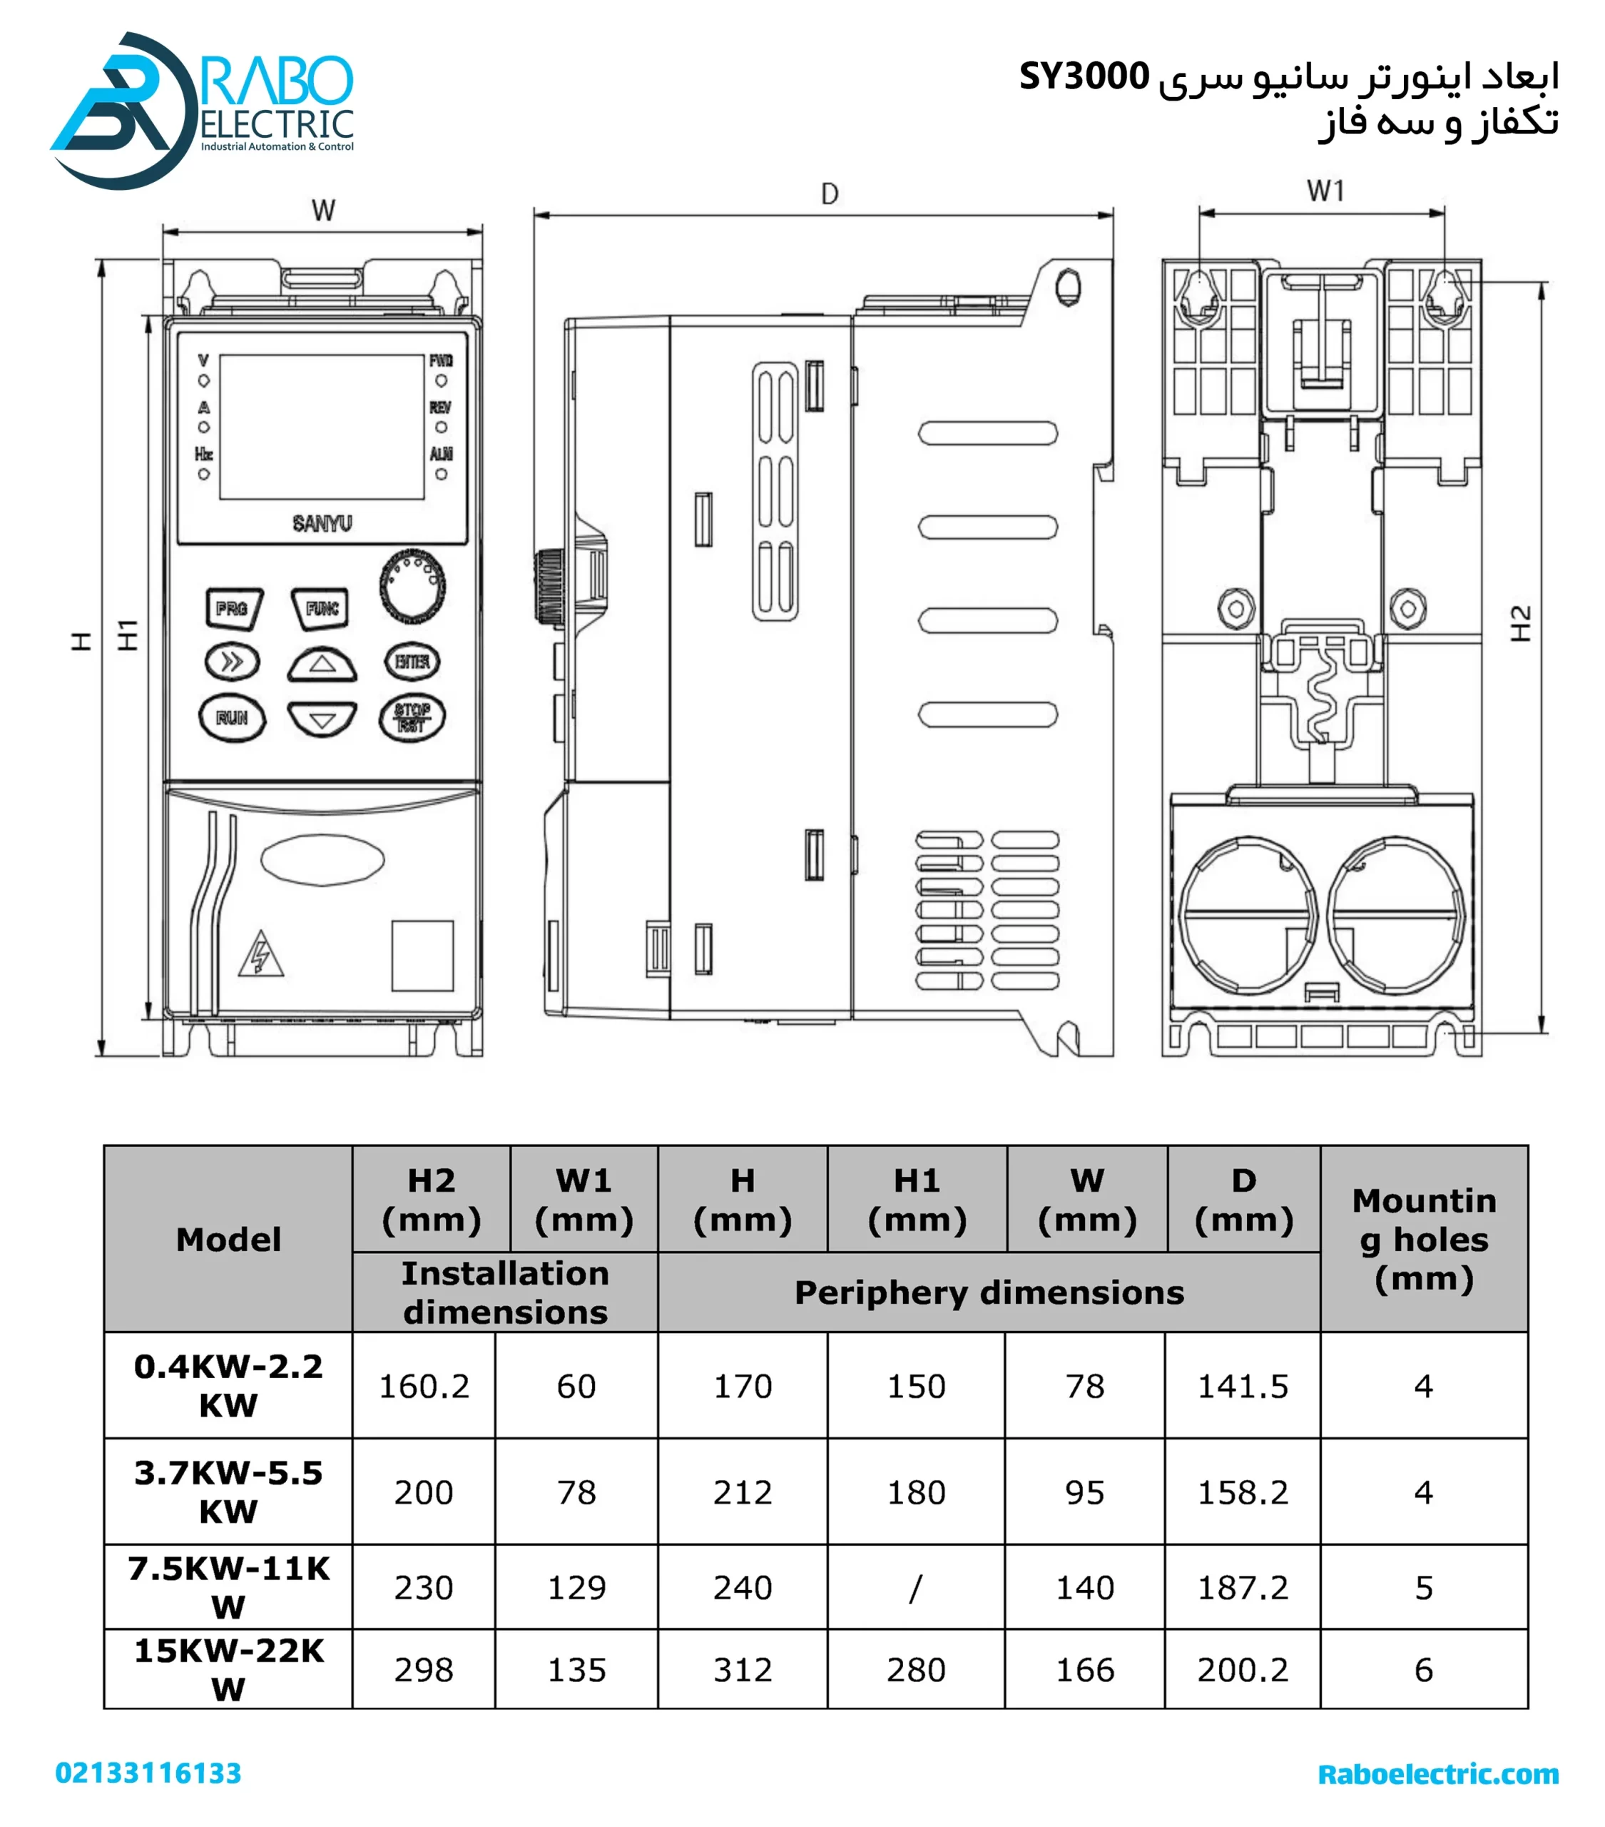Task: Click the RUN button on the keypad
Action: coord(231,718)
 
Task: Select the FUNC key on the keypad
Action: coord(321,609)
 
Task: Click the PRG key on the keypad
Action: coord(233,609)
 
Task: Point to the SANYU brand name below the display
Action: coord(322,524)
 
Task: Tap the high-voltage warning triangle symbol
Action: coord(260,956)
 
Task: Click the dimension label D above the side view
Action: coord(830,194)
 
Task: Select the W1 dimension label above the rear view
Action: coord(1325,191)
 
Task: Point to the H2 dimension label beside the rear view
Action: coord(1520,623)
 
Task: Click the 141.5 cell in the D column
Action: coord(1242,1387)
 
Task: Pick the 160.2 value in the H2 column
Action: coord(424,1387)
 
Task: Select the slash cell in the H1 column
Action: coord(915,1587)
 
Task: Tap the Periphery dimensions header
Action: coord(989,1292)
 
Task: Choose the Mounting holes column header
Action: coord(1424,1239)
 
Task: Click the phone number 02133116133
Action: coord(148,1773)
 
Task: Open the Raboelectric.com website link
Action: coord(1438,1774)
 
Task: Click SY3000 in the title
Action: coord(1084,77)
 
